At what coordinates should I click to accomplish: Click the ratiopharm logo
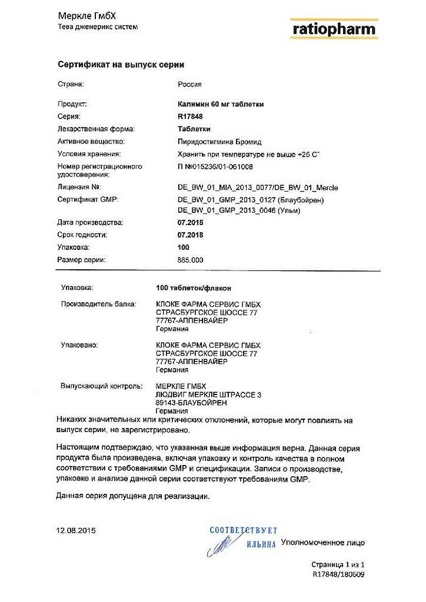[x=334, y=28]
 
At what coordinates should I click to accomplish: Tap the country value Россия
[x=189, y=84]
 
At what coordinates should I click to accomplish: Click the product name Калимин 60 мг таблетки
[x=221, y=104]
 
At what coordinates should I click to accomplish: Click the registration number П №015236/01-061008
[x=215, y=167]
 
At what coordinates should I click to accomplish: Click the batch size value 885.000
[x=190, y=260]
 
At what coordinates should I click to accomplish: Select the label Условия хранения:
[x=89, y=154]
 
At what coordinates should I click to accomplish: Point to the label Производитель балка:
[x=99, y=304]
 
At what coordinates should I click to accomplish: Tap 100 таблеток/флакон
[x=193, y=288]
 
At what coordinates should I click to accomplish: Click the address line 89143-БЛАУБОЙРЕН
[x=191, y=403]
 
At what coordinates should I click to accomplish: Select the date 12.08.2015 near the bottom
[x=76, y=530]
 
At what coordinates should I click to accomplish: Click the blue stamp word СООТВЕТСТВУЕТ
[x=244, y=531]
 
